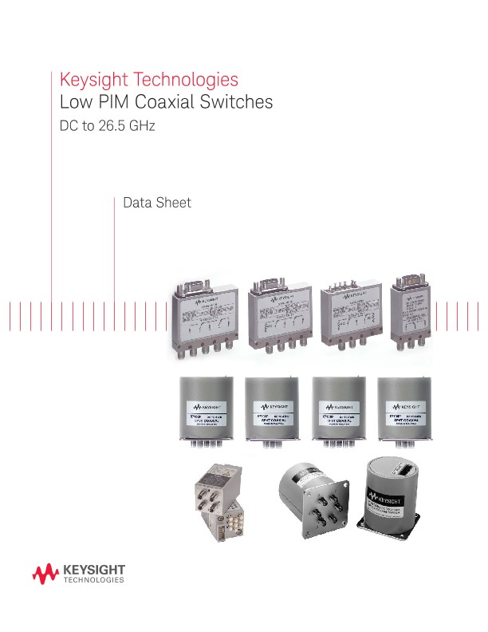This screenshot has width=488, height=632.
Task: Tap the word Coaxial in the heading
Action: pyautogui.click(x=173, y=103)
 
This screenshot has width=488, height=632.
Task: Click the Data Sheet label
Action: pyautogui.click(x=157, y=203)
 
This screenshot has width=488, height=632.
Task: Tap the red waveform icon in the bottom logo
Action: pyautogui.click(x=45, y=574)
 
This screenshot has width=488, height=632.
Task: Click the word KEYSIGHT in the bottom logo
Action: pyautogui.click(x=92, y=569)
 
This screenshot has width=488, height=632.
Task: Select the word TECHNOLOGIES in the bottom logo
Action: pyautogui.click(x=92, y=582)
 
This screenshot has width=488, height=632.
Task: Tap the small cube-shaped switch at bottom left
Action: pyautogui.click(x=217, y=501)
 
